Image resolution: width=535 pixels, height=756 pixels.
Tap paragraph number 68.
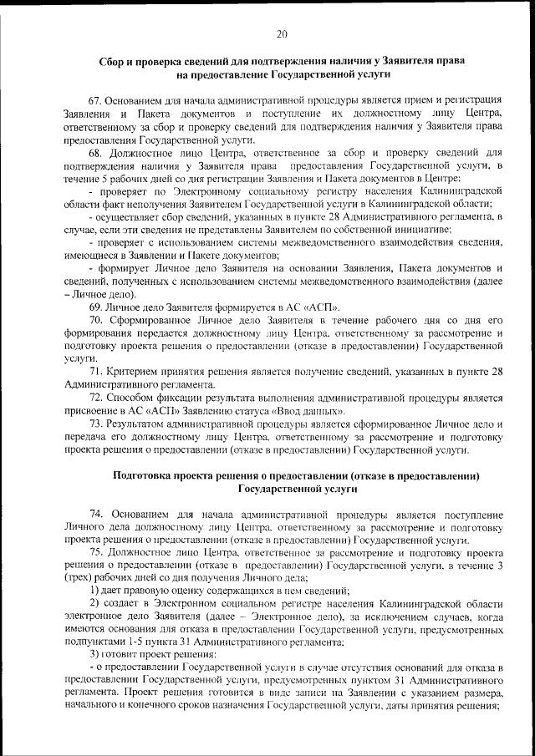tap(96, 153)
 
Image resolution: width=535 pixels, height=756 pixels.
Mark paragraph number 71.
tap(96, 372)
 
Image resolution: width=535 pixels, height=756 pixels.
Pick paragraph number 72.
tap(96, 398)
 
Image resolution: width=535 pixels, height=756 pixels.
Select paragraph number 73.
tap(96, 424)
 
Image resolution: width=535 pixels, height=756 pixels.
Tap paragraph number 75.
tap(96, 552)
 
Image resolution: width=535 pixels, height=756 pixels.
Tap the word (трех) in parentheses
tap(78, 578)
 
